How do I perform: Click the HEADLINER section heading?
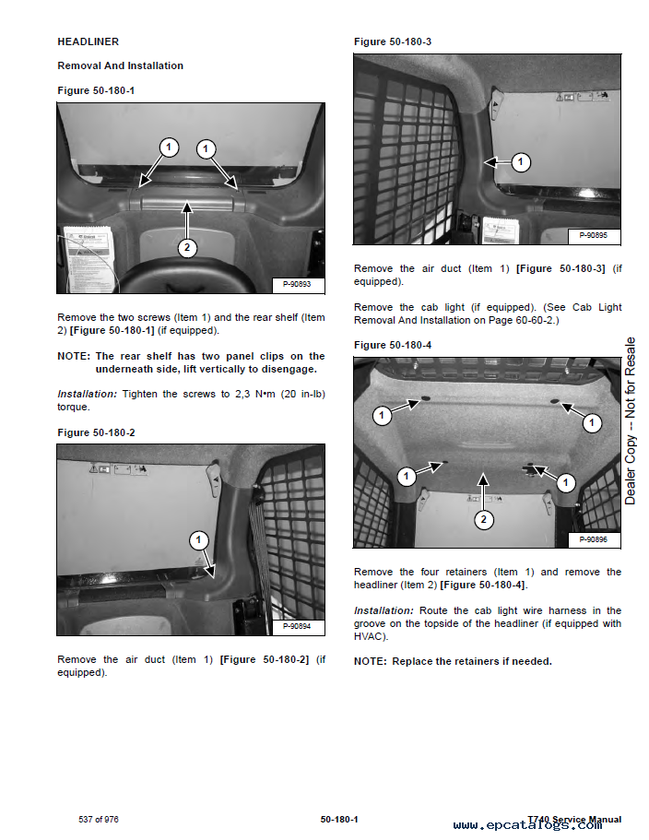[88, 41]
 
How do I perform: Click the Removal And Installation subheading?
[120, 65]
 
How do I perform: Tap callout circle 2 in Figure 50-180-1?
[187, 247]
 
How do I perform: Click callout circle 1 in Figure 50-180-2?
[199, 539]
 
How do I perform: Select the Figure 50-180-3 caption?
[393, 41]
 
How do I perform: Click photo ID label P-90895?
[594, 236]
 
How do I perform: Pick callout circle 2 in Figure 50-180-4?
[483, 520]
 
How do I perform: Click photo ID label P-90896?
[594, 539]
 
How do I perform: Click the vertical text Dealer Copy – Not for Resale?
[631, 420]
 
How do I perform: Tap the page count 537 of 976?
[99, 820]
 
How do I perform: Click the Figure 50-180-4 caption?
[393, 345]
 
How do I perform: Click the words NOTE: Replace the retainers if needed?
[453, 661]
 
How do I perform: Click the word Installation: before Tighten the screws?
[87, 394]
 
